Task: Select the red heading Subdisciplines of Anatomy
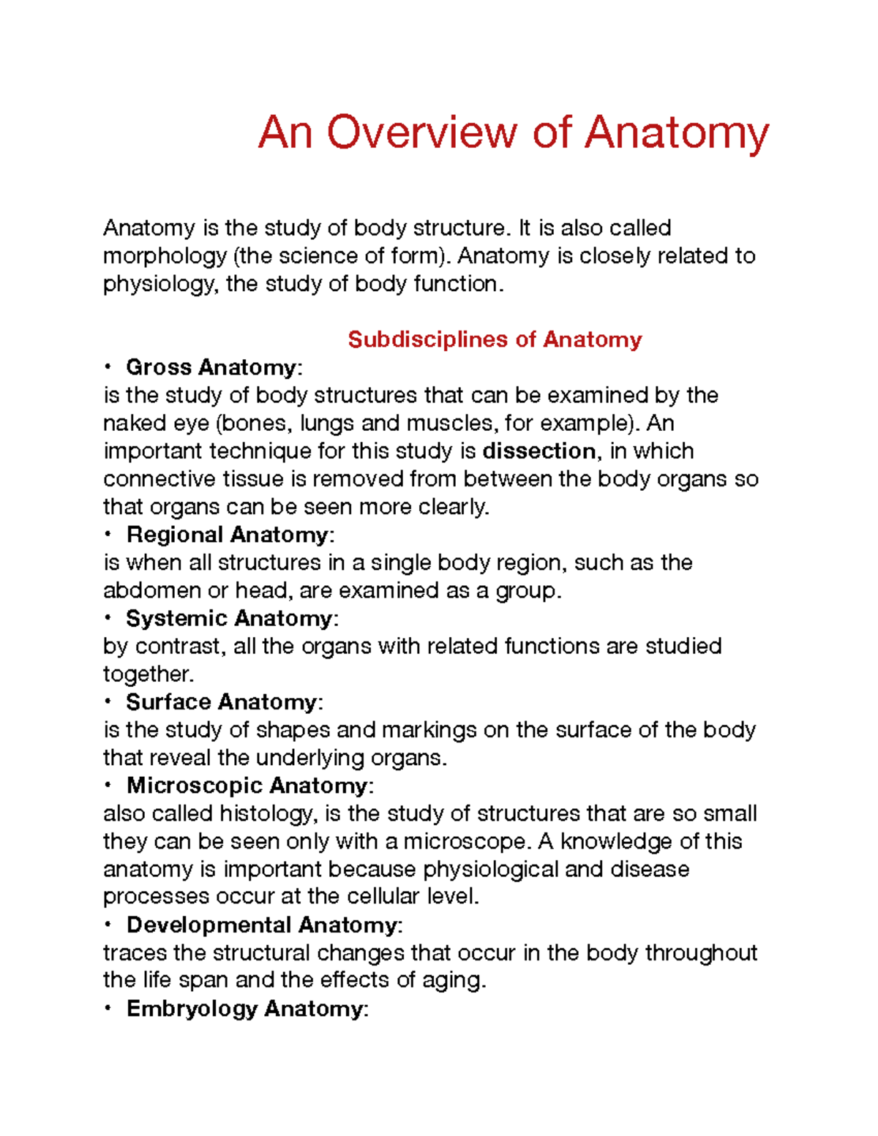495,339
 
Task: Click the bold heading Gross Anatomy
211,367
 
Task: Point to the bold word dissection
539,451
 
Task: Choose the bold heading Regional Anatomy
228,535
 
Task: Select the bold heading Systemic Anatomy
229,619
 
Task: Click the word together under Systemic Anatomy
147,674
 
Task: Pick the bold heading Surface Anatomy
221,702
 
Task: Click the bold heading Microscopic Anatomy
247,786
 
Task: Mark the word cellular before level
384,897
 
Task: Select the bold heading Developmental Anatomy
261,925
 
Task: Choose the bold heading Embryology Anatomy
244,1009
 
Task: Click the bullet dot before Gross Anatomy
108,366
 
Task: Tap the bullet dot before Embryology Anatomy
108,1009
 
